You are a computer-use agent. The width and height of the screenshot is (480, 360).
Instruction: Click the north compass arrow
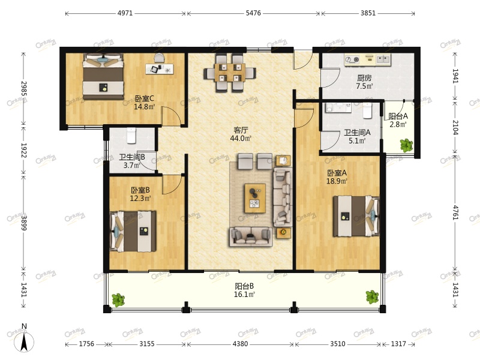24,341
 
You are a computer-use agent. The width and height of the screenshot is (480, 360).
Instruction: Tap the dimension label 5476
253,13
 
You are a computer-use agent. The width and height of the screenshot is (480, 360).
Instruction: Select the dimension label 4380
240,344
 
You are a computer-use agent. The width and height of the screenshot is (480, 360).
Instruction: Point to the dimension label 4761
455,213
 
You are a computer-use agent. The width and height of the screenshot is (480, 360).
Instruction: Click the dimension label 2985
23,88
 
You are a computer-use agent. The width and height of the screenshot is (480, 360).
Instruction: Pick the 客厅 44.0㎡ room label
241,134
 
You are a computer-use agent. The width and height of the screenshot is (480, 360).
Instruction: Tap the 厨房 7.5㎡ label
364,82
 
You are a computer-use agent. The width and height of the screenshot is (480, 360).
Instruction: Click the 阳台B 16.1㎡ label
244,290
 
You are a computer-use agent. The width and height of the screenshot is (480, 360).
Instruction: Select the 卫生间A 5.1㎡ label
357,137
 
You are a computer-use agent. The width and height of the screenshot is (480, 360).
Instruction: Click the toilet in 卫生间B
131,136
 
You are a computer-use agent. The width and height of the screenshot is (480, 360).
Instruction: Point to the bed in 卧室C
103,77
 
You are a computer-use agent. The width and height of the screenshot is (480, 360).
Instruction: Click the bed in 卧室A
356,217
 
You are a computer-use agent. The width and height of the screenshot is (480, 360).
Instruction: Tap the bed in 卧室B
133,231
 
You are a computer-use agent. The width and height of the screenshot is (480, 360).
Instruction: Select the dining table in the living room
230,73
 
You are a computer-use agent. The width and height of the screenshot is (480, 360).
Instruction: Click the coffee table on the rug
254,198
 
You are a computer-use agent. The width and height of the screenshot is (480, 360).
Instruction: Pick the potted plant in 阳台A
406,145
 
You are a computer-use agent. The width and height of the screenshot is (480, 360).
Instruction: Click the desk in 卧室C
160,69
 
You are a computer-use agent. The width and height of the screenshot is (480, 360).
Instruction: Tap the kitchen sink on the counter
383,59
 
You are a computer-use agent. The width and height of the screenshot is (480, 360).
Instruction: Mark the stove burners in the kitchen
352,59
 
